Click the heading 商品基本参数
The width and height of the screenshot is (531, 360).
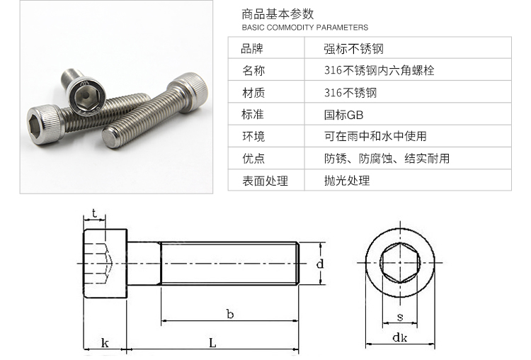278,14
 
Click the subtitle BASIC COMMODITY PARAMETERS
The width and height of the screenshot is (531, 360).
304,28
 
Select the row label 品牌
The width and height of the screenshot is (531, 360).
252,49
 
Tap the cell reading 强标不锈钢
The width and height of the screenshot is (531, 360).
353,49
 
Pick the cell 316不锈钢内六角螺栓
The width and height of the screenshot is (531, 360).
379,70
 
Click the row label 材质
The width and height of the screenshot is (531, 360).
253,93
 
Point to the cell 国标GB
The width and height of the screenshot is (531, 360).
343,115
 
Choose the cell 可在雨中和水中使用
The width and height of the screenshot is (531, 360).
375,136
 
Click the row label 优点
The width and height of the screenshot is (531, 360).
253,158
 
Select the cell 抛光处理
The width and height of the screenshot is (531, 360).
347,180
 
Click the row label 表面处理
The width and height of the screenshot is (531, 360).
265,181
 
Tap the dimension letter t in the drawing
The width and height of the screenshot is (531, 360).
94,213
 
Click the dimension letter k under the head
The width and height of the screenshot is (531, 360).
105,343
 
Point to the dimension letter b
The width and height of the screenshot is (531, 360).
230,314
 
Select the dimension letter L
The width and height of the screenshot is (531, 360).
212,343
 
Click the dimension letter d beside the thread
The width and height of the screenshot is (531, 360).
320,264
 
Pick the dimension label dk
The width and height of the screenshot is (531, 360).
399,337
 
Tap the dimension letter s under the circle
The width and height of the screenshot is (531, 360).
400,317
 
